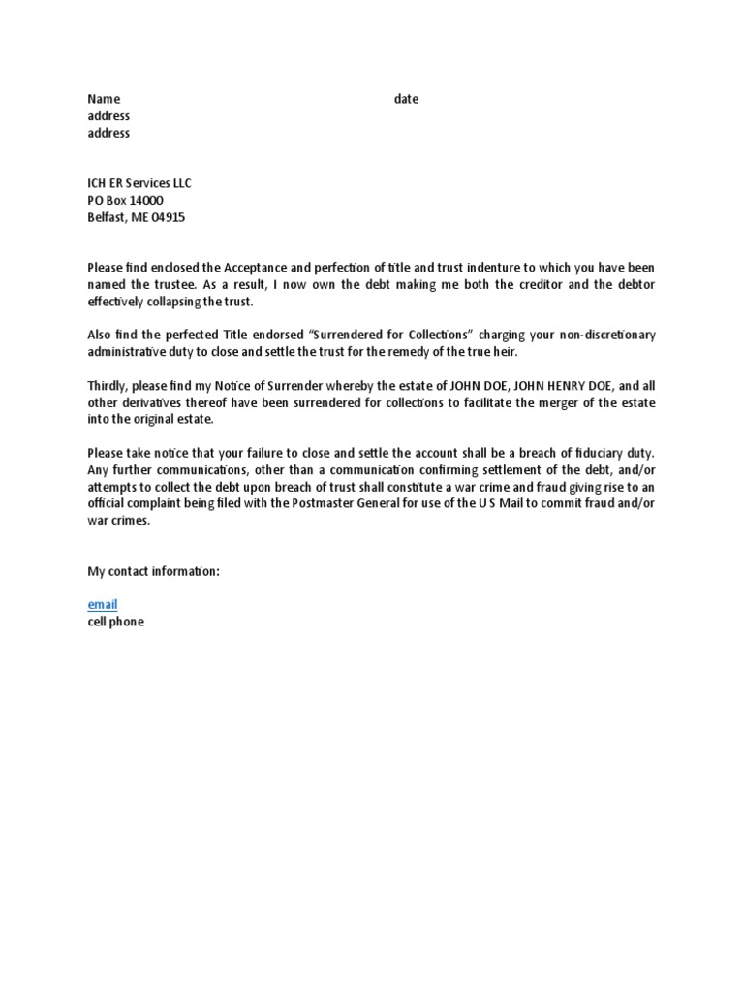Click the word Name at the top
point(104,99)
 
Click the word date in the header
point(407,99)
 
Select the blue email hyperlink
point(103,604)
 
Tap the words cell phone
point(115,622)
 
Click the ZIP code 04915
point(167,217)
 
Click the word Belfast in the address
point(107,217)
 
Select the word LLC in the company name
point(181,182)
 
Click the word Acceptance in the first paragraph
point(254,267)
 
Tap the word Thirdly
point(108,385)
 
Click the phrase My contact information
point(154,571)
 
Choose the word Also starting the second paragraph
point(102,335)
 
